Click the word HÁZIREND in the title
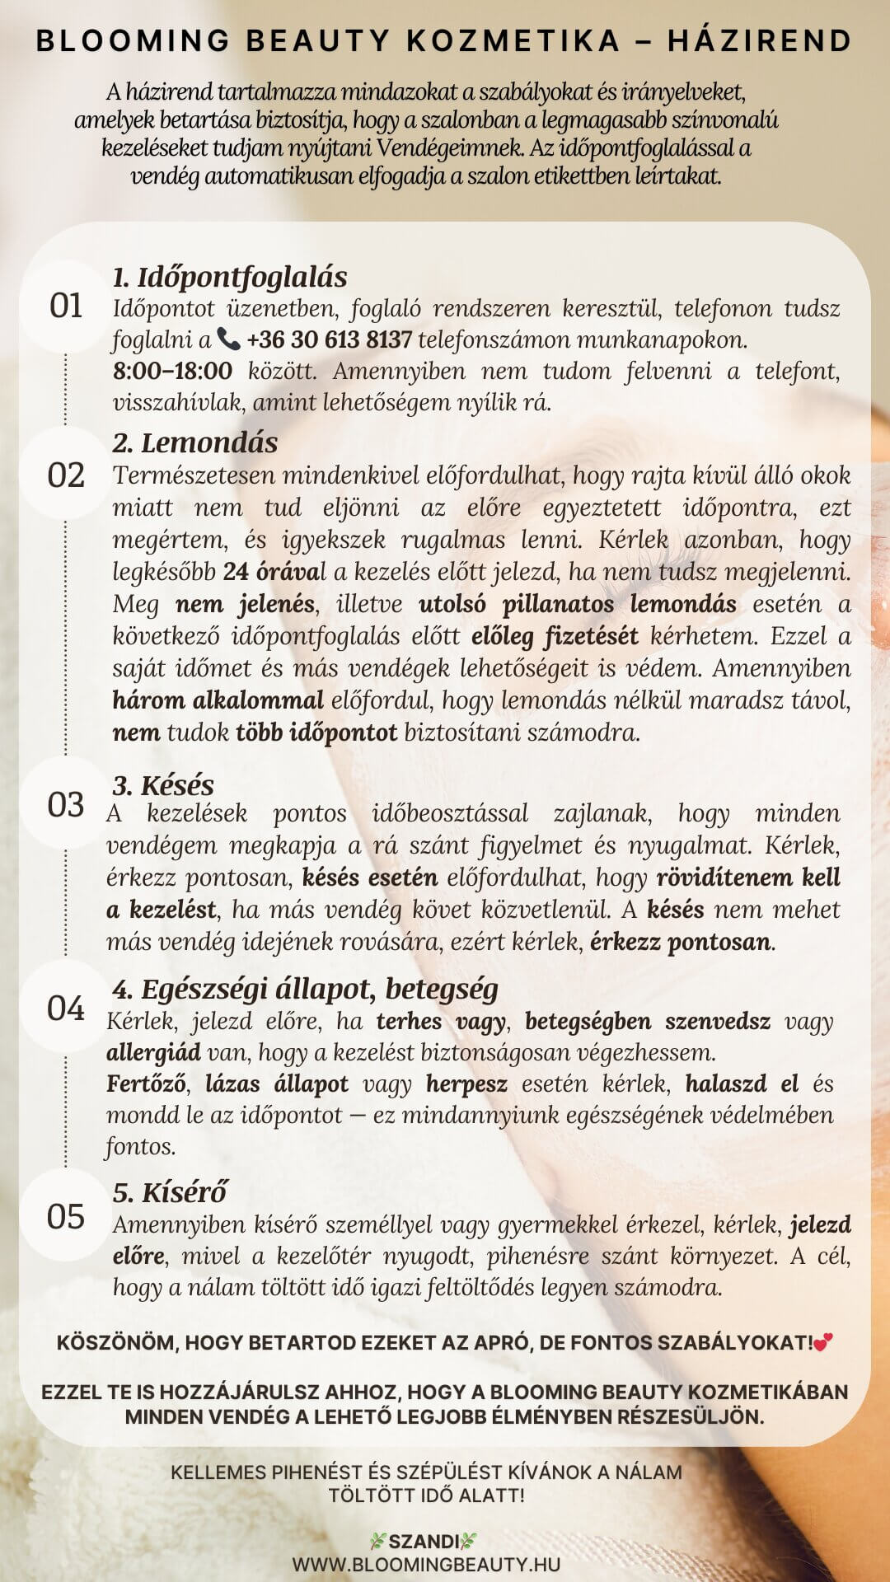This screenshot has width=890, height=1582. [759, 41]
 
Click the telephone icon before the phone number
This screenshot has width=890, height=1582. [228, 339]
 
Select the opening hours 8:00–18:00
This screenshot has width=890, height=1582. [172, 371]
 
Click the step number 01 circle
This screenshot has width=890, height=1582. [66, 307]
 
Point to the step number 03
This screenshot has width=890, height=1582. [66, 805]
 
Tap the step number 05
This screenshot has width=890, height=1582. [66, 1217]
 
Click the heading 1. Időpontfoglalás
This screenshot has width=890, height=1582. [230, 277]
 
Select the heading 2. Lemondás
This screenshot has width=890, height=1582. [195, 443]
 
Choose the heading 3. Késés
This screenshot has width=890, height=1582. [163, 785]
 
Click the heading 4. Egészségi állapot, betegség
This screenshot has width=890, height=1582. [305, 989]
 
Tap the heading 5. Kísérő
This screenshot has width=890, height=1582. [170, 1192]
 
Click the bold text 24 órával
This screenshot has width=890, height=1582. [274, 571]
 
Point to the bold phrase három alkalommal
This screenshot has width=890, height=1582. [218, 700]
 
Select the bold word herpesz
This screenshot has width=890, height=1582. [466, 1084]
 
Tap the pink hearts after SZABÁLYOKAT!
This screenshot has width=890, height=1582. [822, 1343]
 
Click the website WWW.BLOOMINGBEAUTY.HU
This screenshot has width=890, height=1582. [426, 1564]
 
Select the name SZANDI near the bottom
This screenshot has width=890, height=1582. [424, 1541]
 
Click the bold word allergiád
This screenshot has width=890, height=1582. [153, 1052]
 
